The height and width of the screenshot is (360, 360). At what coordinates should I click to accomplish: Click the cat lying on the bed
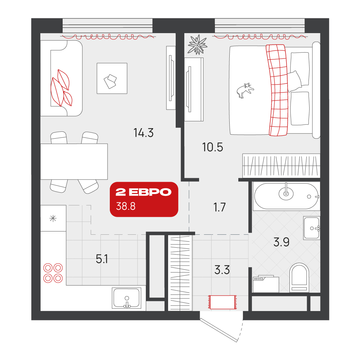(x=245, y=90)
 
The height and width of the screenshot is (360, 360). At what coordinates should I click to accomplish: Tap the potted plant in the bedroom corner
(x=197, y=45)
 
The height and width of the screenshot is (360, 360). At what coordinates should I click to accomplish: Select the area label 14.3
(x=144, y=133)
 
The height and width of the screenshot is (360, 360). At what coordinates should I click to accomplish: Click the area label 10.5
(x=213, y=147)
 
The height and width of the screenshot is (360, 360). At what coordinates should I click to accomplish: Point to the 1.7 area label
(x=220, y=207)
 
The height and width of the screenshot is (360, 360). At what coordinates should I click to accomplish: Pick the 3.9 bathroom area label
(x=281, y=242)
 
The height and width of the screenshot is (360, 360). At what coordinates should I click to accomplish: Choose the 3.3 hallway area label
(x=222, y=270)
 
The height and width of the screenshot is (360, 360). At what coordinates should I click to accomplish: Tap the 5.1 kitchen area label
(x=102, y=259)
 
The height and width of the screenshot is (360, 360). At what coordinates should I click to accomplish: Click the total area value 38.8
(x=126, y=206)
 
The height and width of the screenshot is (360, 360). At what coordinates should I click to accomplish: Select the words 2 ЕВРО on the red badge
(x=144, y=192)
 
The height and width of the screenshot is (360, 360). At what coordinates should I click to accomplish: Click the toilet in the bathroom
(x=299, y=278)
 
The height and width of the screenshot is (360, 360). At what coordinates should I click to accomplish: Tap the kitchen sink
(x=126, y=298)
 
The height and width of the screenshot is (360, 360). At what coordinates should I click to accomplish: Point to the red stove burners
(x=53, y=273)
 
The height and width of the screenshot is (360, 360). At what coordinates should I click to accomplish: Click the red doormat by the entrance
(x=222, y=302)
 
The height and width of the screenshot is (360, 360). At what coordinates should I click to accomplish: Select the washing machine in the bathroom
(x=266, y=284)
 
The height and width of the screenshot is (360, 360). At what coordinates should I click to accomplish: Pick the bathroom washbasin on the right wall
(x=311, y=228)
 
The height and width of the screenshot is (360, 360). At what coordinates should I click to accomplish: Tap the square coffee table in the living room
(x=112, y=78)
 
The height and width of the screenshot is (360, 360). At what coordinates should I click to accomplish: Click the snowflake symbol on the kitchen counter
(x=53, y=219)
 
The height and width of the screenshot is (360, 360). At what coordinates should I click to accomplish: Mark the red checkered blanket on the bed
(x=277, y=90)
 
